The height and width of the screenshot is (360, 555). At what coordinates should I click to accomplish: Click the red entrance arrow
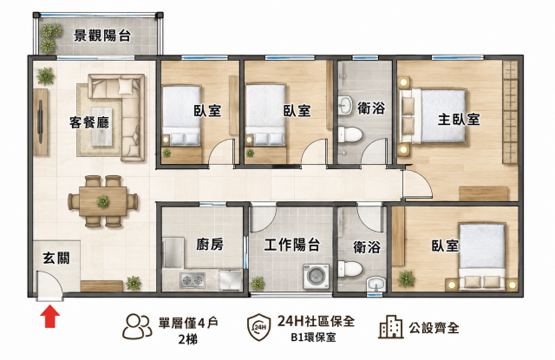[x=50, y=316]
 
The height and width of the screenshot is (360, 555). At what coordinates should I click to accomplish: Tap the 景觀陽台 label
[x=102, y=36]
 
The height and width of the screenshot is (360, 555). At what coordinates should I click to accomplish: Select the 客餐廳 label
[x=89, y=122]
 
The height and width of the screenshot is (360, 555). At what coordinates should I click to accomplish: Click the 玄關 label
[x=56, y=258]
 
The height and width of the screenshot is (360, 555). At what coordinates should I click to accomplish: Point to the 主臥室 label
[x=459, y=120]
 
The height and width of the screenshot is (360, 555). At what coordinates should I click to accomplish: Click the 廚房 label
[x=210, y=244]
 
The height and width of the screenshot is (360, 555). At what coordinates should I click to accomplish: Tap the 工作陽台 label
[x=292, y=245]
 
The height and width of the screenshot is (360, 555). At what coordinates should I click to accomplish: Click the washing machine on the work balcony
[x=316, y=276]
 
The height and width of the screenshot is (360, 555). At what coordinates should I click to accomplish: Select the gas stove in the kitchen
[x=193, y=280]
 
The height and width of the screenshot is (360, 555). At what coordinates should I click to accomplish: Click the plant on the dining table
[x=103, y=201]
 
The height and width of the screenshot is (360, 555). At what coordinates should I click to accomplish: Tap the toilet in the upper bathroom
[x=349, y=134]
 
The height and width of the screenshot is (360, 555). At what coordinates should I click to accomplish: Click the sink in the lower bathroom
[x=376, y=283]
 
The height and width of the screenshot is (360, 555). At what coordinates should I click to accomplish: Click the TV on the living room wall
[x=40, y=121]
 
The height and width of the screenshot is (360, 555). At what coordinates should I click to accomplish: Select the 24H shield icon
[x=259, y=327]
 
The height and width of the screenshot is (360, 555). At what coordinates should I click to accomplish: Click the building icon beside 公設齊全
[x=391, y=327]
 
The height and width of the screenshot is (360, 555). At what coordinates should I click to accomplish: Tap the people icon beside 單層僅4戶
[x=137, y=326]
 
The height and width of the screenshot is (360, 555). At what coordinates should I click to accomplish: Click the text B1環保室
[x=314, y=337]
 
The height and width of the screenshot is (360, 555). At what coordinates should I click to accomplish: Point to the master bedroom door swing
[x=418, y=183]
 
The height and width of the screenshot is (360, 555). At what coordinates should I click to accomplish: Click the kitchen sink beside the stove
[x=231, y=280]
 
